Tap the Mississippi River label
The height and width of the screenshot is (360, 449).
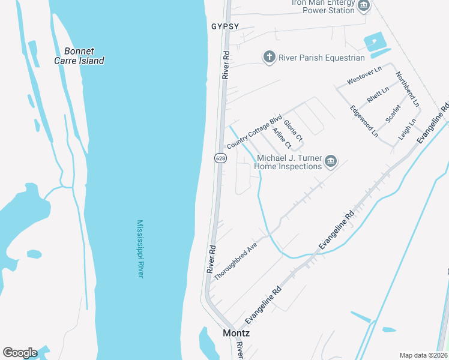coord(140,248)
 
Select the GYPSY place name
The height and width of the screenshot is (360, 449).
coord(225,26)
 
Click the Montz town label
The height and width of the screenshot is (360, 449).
coord(236,332)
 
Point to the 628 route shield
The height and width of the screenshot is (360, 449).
coord(220,158)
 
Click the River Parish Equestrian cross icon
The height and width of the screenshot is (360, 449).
coord(270,57)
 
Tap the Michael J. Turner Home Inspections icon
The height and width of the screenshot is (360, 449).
coord(331,161)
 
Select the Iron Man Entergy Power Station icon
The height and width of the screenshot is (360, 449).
coord(363,7)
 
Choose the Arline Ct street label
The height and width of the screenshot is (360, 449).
coord(281,138)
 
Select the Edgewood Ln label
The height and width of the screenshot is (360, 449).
coord(364,122)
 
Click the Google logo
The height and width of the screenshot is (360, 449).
coord(19,353)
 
